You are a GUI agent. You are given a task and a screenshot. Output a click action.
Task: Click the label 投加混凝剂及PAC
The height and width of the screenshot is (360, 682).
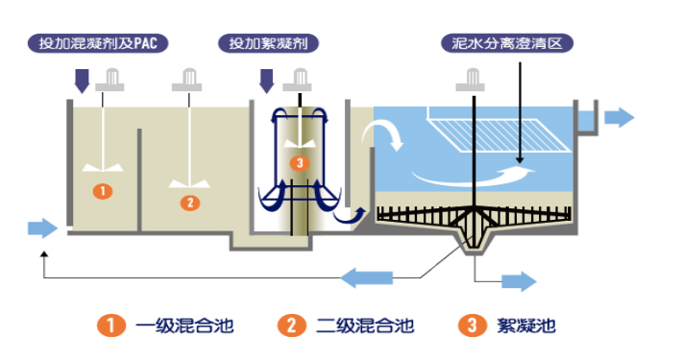pyautogui.click(x=98, y=43)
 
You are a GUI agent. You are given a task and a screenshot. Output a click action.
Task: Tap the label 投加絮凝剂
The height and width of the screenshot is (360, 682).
pyautogui.click(x=268, y=43)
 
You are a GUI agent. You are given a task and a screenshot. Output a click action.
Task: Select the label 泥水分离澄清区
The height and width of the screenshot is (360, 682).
pyautogui.click(x=507, y=43)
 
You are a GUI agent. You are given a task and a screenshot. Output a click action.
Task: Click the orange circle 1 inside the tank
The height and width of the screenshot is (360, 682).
pyautogui.click(x=103, y=191)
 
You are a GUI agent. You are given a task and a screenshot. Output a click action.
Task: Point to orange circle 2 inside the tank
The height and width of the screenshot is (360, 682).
pyautogui.click(x=190, y=203)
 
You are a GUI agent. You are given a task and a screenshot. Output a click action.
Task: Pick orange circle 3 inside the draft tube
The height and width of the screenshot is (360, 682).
pyautogui.click(x=300, y=163)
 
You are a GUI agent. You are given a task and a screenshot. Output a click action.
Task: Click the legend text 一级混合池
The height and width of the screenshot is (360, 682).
pyautogui.click(x=184, y=325)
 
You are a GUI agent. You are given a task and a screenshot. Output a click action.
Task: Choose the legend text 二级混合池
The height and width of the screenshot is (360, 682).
pyautogui.click(x=365, y=325)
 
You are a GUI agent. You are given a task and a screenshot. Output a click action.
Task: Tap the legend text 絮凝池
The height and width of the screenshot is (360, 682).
pyautogui.click(x=526, y=325)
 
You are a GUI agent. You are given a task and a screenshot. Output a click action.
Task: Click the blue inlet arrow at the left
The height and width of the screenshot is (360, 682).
pyautogui.click(x=42, y=228)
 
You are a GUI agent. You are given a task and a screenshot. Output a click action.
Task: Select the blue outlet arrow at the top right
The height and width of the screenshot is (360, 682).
pyautogui.click(x=620, y=117)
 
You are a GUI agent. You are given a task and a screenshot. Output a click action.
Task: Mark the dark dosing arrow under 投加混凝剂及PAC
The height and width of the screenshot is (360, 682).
pyautogui.click(x=82, y=82)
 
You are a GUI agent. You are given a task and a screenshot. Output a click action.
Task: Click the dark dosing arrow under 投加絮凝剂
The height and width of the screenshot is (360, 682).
pyautogui.click(x=266, y=82)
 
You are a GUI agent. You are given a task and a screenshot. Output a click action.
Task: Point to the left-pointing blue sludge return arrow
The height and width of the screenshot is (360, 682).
pyautogui.click(x=367, y=277)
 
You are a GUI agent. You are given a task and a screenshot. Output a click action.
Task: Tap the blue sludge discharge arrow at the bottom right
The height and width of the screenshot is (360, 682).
pyautogui.click(x=520, y=281)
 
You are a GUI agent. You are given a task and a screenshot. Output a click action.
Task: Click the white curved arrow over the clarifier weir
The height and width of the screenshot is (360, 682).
pyautogui.click(x=387, y=132)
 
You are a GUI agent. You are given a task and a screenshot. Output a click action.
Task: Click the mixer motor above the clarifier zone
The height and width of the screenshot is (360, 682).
pyautogui.click(x=470, y=80)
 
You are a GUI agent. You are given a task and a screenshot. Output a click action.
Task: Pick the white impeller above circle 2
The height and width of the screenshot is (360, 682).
pyautogui.click(x=189, y=183)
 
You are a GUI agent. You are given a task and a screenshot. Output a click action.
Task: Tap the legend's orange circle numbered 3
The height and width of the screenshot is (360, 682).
pyautogui.click(x=472, y=325)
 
